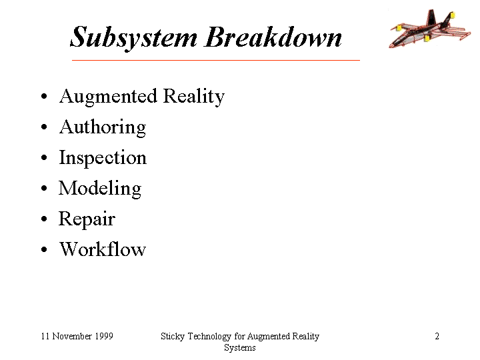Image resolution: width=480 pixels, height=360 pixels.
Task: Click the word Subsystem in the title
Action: [134, 37]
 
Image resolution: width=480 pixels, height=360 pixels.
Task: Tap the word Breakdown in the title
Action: [273, 37]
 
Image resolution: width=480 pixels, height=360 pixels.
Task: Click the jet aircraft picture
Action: [430, 29]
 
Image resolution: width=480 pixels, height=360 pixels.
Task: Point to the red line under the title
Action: [216, 60]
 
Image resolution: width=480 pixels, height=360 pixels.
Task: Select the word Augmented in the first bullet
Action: [109, 97]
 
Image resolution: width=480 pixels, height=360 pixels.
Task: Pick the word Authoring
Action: [103, 127]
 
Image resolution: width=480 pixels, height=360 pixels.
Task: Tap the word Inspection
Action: [103, 158]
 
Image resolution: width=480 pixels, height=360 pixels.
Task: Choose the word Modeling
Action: [100, 189]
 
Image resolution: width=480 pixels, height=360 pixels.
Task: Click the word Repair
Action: [87, 219]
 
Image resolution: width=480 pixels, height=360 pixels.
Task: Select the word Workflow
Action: [103, 249]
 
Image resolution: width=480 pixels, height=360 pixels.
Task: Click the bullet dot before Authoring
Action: [45, 127]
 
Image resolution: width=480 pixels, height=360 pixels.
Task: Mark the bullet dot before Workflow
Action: [45, 249]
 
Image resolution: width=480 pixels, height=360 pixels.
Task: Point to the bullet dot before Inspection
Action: [45, 157]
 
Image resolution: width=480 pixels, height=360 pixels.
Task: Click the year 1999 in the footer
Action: [104, 336]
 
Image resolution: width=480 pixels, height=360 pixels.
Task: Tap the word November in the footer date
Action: [72, 336]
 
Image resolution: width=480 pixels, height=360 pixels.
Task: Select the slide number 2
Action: [437, 336]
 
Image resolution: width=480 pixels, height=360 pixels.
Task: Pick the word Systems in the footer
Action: [240, 348]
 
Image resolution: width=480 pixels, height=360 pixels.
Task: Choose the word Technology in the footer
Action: [209, 337]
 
